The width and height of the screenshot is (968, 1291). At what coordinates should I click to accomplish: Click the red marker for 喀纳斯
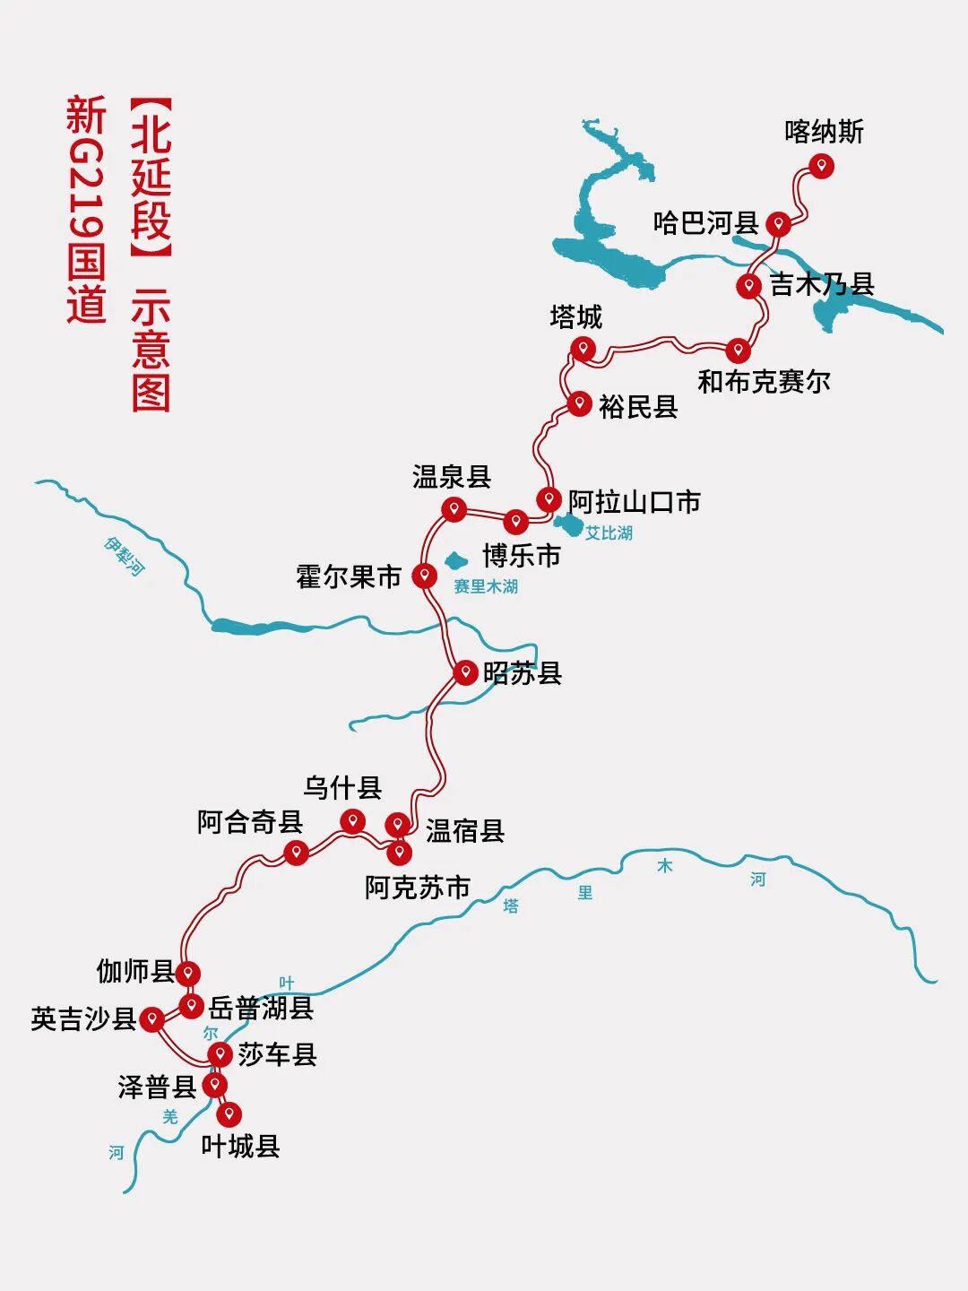pyautogui.click(x=821, y=166)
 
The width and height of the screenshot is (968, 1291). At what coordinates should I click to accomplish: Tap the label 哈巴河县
pyautogui.click(x=705, y=222)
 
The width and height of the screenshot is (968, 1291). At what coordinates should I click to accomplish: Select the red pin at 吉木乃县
pyautogui.click(x=749, y=286)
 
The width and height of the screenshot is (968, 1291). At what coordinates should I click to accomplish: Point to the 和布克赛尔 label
pyautogui.click(x=764, y=382)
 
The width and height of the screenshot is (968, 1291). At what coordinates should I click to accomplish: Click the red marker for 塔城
pyautogui.click(x=583, y=348)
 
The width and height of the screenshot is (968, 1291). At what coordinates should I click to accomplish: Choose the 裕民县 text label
pyautogui.click(x=638, y=407)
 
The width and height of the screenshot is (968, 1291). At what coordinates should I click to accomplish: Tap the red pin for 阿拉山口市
pyautogui.click(x=549, y=498)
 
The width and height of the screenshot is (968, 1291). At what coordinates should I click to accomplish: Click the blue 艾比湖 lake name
pyautogui.click(x=609, y=533)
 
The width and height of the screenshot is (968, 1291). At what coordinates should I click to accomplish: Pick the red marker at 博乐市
pyautogui.click(x=516, y=521)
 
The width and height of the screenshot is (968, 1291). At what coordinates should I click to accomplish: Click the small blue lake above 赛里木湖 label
pyautogui.click(x=456, y=561)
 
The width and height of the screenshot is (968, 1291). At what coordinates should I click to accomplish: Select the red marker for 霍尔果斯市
pyautogui.click(x=425, y=575)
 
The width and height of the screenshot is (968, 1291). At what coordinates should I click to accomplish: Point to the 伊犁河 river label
pyautogui.click(x=124, y=556)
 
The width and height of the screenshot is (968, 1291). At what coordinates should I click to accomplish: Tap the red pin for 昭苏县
pyautogui.click(x=465, y=671)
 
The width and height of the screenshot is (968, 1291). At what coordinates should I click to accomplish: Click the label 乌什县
pyautogui.click(x=342, y=788)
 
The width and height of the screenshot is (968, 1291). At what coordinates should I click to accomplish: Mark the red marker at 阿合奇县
pyautogui.click(x=296, y=851)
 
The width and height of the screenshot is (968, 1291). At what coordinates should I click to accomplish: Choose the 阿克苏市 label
pyautogui.click(x=417, y=888)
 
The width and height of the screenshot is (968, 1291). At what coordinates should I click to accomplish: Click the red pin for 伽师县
pyautogui.click(x=187, y=973)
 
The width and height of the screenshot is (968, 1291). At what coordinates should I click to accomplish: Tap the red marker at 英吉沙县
pyautogui.click(x=152, y=1018)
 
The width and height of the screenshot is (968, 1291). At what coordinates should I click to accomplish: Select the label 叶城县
pyautogui.click(x=240, y=1146)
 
